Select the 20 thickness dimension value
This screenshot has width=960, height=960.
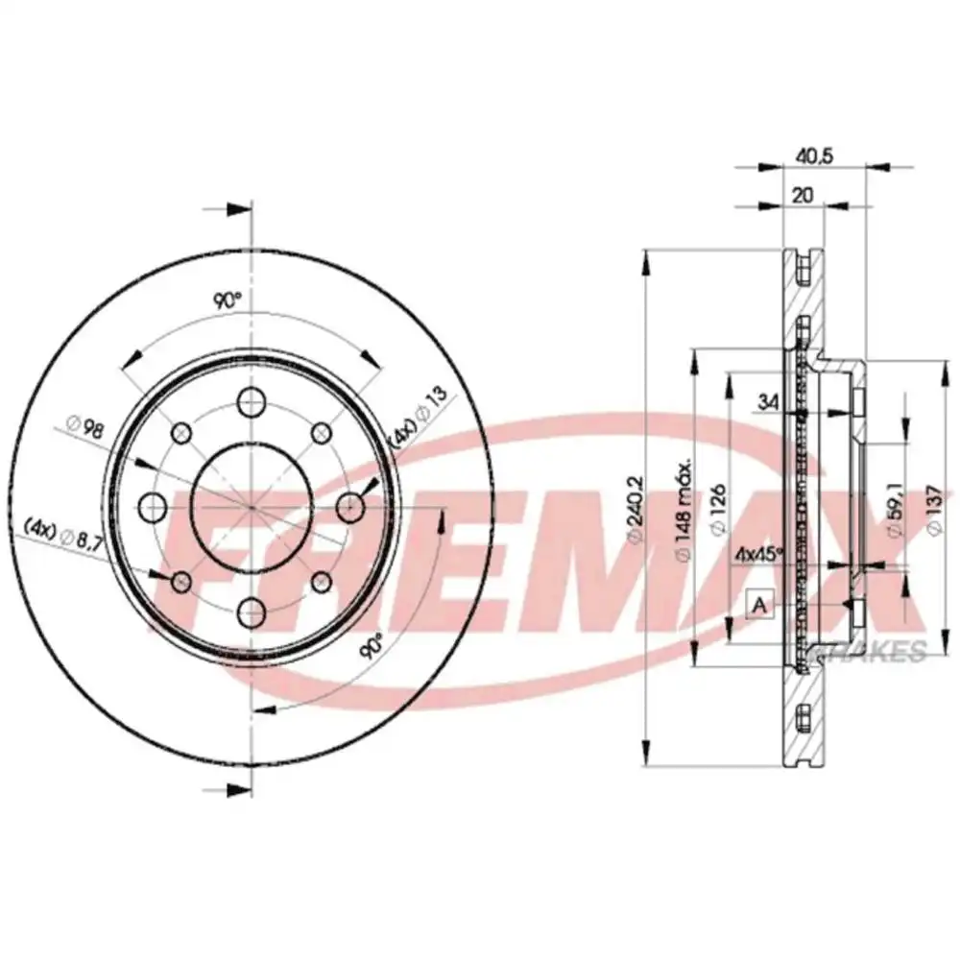tap(803, 195)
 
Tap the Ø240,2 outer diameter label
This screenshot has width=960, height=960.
tap(634, 508)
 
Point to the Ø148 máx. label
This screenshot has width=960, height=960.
tap(684, 510)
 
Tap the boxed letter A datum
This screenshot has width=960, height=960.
tap(759, 605)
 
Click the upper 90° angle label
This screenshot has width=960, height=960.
tap(227, 300)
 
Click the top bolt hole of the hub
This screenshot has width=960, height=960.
tap(252, 401)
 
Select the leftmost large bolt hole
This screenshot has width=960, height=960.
tap(149, 505)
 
